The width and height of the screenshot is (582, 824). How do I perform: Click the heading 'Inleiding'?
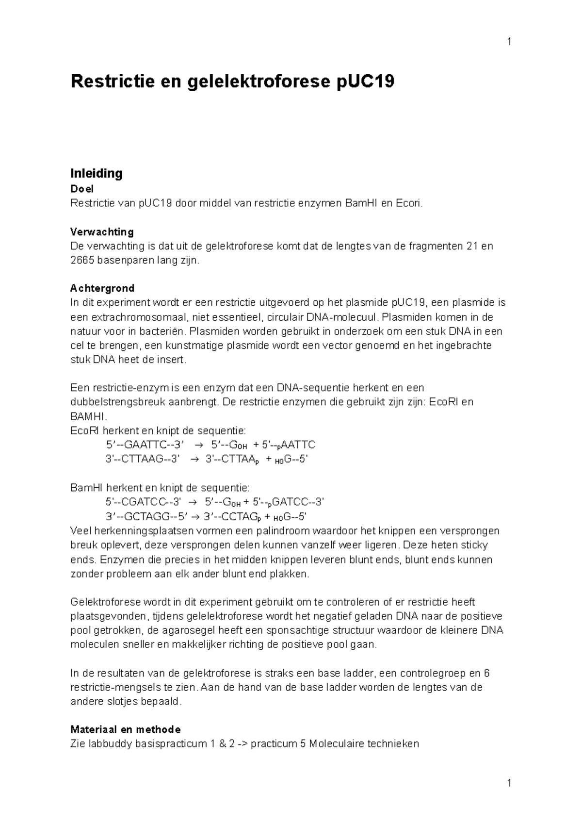click(x=96, y=173)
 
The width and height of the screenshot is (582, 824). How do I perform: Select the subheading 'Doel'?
click(x=82, y=189)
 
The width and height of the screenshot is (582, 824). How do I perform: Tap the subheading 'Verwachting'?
click(x=102, y=231)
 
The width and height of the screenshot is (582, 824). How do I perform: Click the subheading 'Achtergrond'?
click(x=102, y=288)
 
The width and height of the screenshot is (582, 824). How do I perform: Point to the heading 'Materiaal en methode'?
click(x=126, y=729)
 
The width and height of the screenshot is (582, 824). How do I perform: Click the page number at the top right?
click(x=509, y=42)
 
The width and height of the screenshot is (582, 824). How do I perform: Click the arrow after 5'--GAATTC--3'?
click(x=199, y=445)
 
